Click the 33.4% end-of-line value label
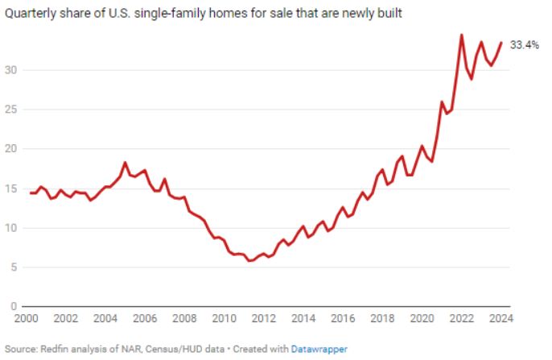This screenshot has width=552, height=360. click(x=524, y=45)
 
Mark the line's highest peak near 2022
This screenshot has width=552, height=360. click(x=461, y=35)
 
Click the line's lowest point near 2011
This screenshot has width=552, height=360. click(x=249, y=260)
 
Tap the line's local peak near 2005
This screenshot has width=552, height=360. click(x=125, y=163)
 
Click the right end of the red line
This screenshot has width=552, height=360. click(x=501, y=43)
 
